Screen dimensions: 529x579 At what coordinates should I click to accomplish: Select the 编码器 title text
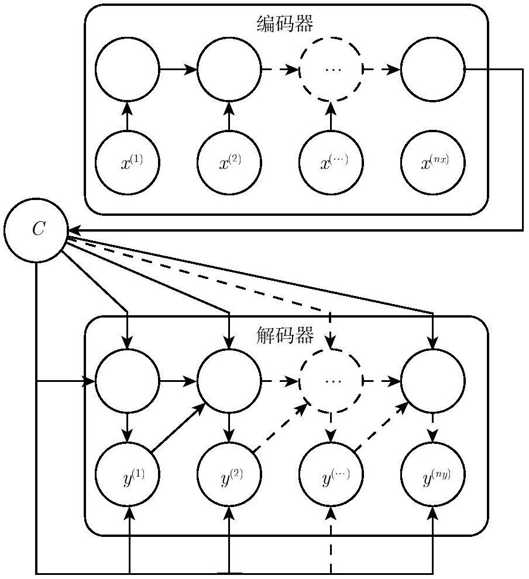click(x=285, y=23)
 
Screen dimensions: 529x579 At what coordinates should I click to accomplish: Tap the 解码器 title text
click(x=285, y=335)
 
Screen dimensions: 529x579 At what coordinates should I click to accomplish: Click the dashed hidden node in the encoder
click(x=331, y=37)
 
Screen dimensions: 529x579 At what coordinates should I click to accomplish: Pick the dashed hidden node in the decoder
click(x=331, y=349)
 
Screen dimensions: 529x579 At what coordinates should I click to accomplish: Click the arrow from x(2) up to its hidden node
click(x=229, y=116)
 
